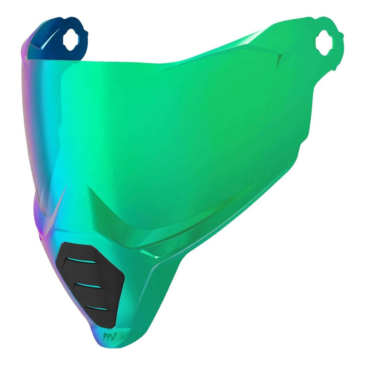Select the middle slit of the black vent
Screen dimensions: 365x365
click(89, 286)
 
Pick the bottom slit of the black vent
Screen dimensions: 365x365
click(97, 309)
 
